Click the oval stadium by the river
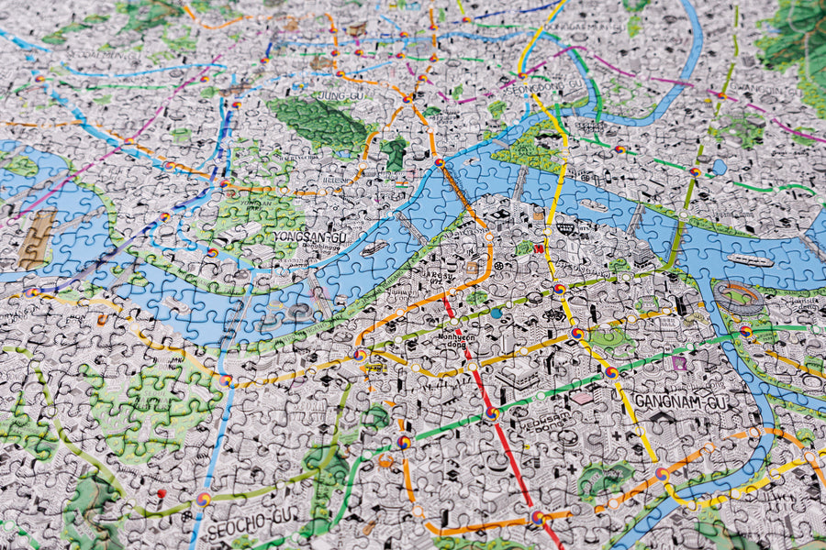740,297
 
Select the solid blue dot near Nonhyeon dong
497,313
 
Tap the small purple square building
678,364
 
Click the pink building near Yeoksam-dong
581,398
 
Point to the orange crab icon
385,461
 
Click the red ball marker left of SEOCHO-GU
162,493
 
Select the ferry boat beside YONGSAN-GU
374,247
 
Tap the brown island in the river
38,240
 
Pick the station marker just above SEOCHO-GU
203,500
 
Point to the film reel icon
554,314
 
